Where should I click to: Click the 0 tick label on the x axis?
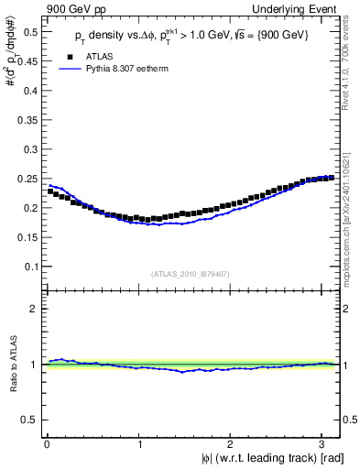pos(47,444)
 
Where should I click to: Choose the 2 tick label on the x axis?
pos(233,444)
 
